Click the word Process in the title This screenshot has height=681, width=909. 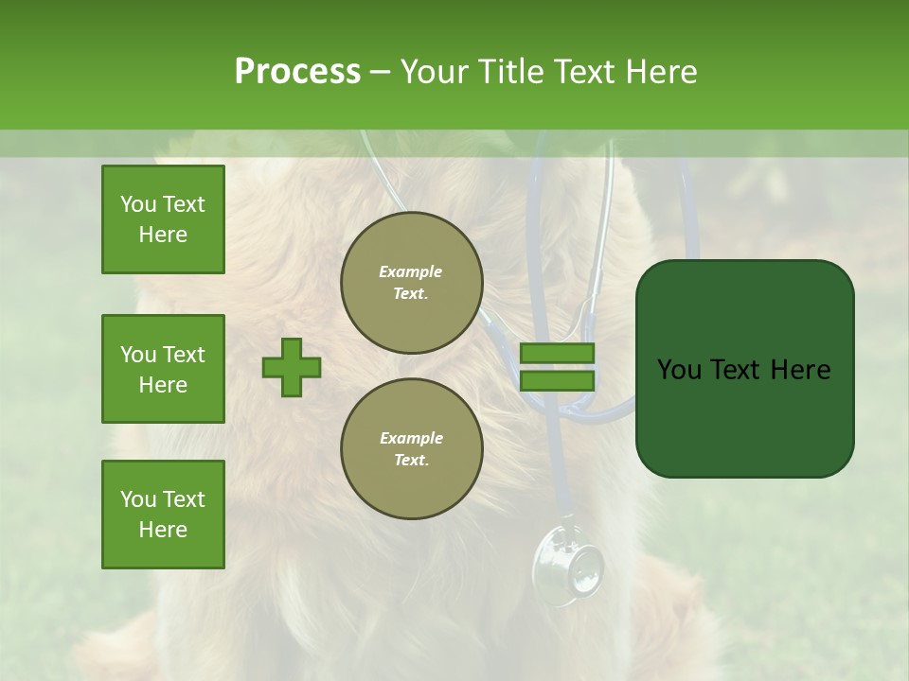pos(297,72)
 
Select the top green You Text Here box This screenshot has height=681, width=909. pos(163,219)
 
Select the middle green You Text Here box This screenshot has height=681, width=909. pos(163,369)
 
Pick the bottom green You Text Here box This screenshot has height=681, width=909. pos(163,515)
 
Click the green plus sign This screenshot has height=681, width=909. pos(292,367)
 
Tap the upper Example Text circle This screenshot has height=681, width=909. pos(411,283)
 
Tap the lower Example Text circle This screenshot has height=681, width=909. pos(411,449)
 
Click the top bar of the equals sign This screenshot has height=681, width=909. pos(557,354)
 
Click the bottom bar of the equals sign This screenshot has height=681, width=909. pos(557,381)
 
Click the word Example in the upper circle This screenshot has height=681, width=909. pos(410,272)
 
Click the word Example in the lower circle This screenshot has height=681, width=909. pos(411,439)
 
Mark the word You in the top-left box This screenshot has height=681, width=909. pos(138,204)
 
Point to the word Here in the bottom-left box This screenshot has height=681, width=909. pos(163,530)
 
